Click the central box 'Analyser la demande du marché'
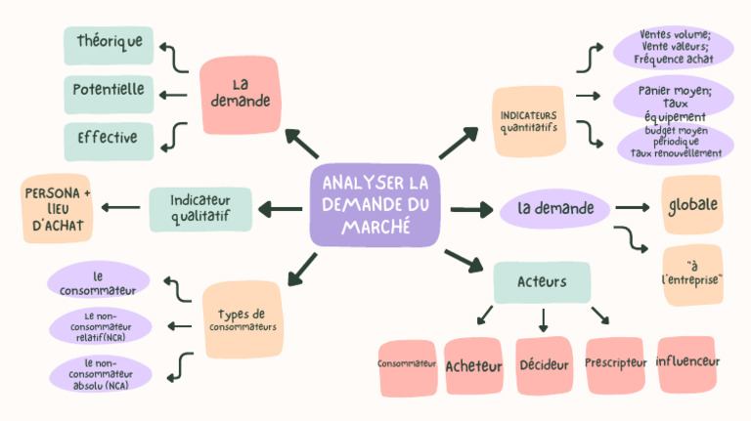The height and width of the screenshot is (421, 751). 375,205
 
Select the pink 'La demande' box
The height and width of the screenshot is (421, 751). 239,94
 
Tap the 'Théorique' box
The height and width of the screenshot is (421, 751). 109,43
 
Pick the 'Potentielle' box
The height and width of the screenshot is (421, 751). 109,91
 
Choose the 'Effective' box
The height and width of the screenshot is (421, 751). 109,139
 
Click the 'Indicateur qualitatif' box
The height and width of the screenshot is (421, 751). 200,208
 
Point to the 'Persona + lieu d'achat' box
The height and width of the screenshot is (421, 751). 57,209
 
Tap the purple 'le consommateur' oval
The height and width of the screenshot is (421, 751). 98,281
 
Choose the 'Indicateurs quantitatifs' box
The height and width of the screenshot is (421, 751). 528,120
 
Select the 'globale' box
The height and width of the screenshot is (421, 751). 692,206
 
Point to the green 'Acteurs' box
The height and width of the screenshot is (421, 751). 542,282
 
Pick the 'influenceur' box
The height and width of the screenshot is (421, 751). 686,362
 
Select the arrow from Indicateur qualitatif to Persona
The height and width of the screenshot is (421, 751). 120,207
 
